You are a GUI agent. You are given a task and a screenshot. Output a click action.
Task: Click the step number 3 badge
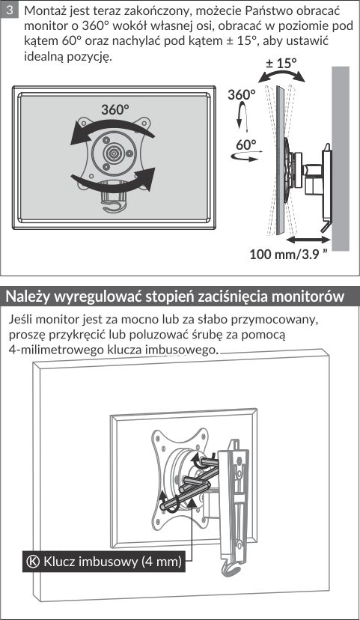[x=10, y=10]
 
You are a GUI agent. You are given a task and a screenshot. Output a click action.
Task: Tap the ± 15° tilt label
[x=281, y=62]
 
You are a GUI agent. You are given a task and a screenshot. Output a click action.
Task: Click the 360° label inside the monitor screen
[x=115, y=109]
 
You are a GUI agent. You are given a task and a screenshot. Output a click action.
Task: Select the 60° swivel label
[x=245, y=145]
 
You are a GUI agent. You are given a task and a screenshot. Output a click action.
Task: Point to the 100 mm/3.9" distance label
[x=289, y=254]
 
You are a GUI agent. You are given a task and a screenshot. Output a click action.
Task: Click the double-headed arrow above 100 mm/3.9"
[x=308, y=239]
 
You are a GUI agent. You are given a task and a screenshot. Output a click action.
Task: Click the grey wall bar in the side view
[x=341, y=159]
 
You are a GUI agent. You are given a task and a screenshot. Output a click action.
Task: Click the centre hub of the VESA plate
[x=114, y=152]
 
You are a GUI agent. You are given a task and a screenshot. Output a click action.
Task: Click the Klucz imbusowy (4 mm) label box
[x=103, y=562]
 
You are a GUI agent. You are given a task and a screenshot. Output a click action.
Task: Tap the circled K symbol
[x=33, y=562]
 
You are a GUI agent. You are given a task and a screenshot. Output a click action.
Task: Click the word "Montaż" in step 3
[x=43, y=10]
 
